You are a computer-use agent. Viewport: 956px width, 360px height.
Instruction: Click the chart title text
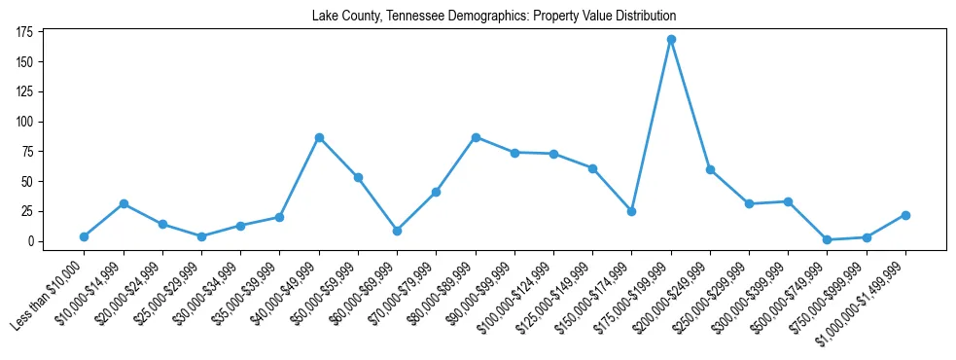click(x=494, y=17)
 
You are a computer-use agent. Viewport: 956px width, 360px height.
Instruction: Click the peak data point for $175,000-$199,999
click(x=671, y=40)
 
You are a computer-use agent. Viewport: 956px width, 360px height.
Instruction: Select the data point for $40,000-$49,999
click(x=319, y=138)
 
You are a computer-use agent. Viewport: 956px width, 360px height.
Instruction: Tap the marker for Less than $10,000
click(x=85, y=236)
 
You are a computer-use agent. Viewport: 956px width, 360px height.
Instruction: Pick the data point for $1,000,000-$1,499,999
click(x=905, y=215)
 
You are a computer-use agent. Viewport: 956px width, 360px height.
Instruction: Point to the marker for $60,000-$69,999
click(x=397, y=231)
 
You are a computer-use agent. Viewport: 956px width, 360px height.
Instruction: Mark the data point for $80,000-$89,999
click(x=476, y=137)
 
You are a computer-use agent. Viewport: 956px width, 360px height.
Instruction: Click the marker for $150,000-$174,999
click(x=632, y=211)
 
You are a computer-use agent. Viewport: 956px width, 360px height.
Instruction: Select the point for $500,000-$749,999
click(x=827, y=239)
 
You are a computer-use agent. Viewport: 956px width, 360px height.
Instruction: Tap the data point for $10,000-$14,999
click(x=124, y=203)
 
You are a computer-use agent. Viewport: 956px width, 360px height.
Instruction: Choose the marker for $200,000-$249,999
click(x=710, y=169)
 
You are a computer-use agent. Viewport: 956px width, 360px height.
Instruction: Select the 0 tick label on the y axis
click(x=31, y=241)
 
